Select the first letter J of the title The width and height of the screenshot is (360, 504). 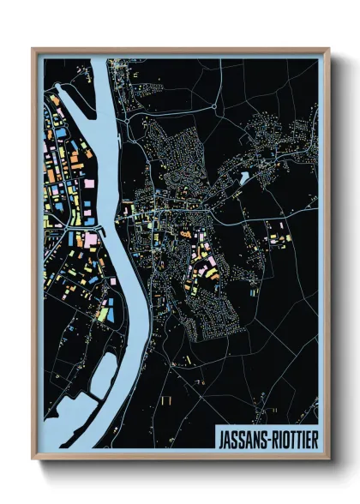coord(222,434)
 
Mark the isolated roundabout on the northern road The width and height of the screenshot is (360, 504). coord(127,121)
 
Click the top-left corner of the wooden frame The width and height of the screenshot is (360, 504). coord(33,49)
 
